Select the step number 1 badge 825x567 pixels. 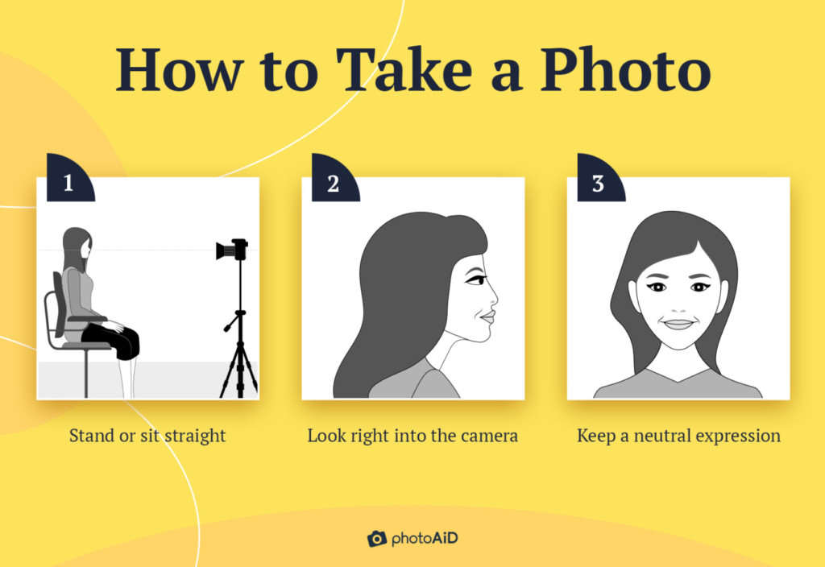point(68,181)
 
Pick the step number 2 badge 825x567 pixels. point(333,181)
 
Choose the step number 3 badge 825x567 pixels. point(598,181)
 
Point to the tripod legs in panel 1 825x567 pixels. point(238,366)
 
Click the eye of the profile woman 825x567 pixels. point(475,279)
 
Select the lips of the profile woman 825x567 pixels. point(486,318)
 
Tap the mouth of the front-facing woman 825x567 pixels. point(678,324)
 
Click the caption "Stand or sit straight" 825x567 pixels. point(147,436)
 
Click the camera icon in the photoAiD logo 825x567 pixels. point(376,538)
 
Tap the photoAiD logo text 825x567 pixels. point(424,538)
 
